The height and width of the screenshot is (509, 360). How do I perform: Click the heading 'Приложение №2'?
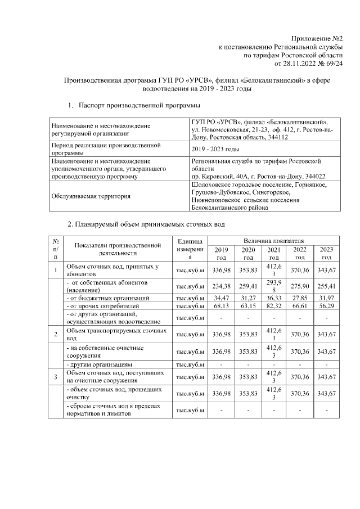[318, 38]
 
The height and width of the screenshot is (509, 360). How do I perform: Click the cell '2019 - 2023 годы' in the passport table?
[215, 149]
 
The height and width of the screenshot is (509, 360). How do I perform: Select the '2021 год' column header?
[273, 254]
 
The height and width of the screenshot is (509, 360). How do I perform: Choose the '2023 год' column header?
[326, 254]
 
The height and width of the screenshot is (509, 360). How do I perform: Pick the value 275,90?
[300, 285]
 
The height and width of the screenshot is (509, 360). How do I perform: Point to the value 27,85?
[300, 297]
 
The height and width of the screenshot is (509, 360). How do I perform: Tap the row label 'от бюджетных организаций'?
[107, 297]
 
